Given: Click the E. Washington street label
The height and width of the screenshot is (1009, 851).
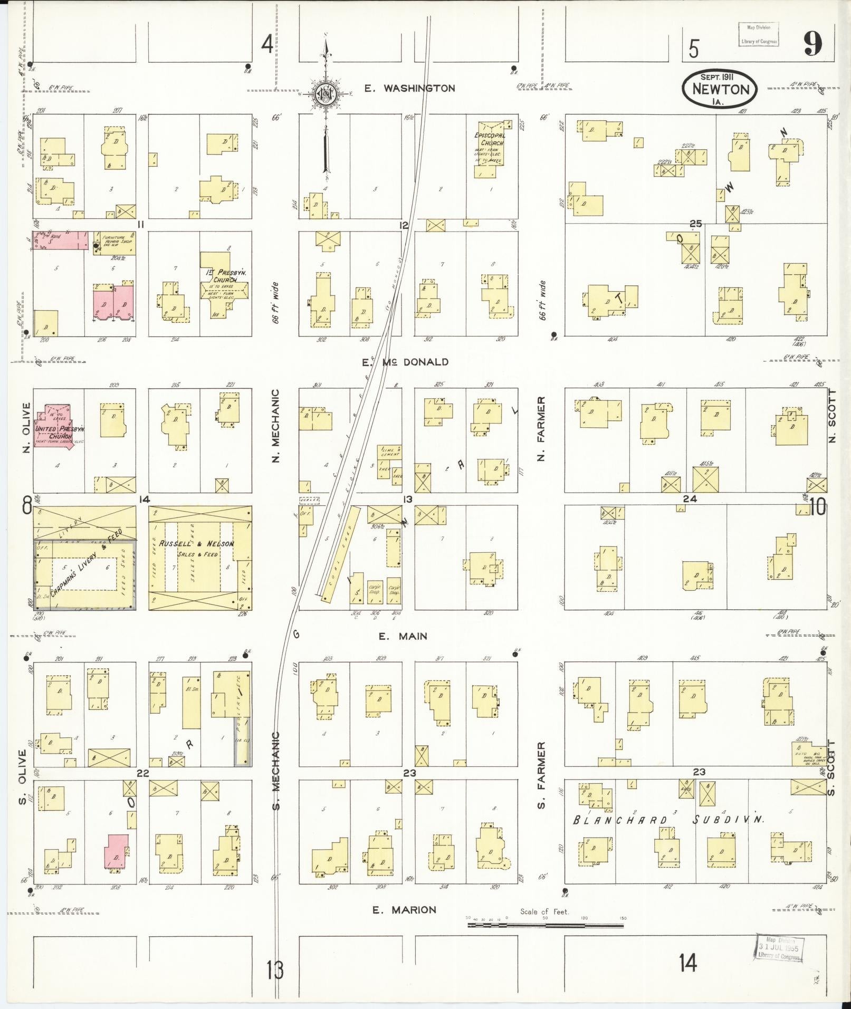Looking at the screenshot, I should [x=409, y=88].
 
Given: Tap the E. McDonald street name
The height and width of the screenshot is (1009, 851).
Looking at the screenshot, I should [x=405, y=362].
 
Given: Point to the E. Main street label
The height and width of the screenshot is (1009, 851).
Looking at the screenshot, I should [x=403, y=636].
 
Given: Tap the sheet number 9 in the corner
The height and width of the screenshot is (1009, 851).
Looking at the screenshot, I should [x=812, y=46].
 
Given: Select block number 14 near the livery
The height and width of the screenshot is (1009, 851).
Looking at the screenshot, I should [x=144, y=499].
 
